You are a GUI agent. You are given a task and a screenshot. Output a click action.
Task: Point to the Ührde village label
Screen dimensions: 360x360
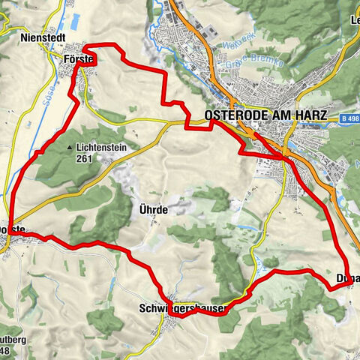point(153,210)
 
